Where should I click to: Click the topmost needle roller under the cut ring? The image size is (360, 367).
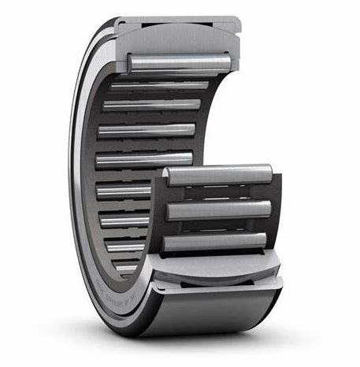point(177,61)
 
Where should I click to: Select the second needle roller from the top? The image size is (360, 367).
point(158,83)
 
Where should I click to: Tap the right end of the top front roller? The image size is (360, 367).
point(268,173)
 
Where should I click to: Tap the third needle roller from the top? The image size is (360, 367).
point(150,104)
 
